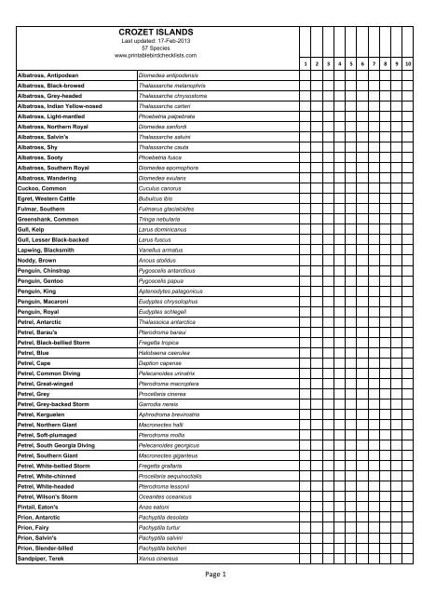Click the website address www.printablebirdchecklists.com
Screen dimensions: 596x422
[156, 57]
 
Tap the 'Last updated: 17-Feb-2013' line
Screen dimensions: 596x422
[156, 41]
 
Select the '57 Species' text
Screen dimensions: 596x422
[156, 48]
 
